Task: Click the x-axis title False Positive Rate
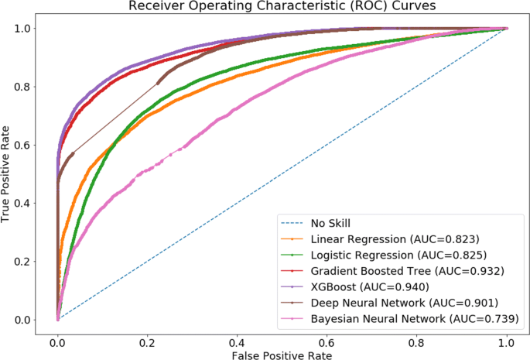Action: (281, 354)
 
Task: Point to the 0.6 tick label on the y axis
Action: (26, 145)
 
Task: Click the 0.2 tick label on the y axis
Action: (26, 261)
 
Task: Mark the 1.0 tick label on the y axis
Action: (26, 28)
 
